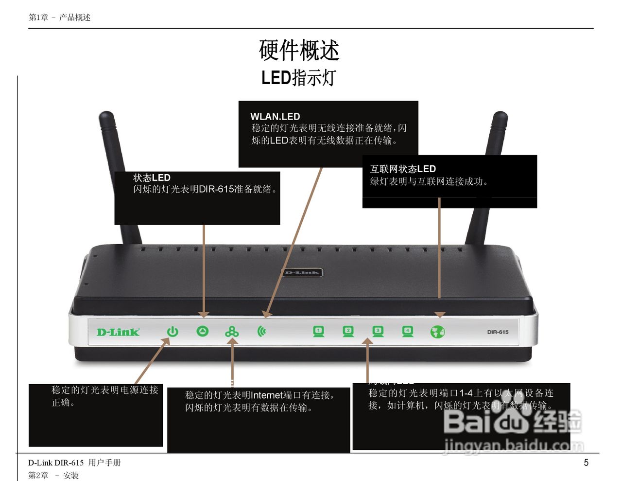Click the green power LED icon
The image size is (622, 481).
click(173, 332)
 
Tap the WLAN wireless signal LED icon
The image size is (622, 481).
click(262, 332)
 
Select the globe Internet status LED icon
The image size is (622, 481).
click(437, 332)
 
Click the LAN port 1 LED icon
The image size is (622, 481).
click(318, 332)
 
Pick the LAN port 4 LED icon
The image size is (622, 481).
click(408, 332)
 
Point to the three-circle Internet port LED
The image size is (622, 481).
click(232, 332)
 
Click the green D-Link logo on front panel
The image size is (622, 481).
click(118, 332)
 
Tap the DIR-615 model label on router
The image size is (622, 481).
click(498, 332)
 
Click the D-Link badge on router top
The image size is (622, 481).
click(302, 272)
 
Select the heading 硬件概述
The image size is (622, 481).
click(299, 50)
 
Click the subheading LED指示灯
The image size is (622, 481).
click(298, 78)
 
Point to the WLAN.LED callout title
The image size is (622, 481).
click(275, 117)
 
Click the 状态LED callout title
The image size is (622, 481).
click(152, 178)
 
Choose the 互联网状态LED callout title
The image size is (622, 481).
click(403, 169)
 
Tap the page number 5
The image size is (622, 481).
click(586, 463)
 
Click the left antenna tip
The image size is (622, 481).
click(106, 117)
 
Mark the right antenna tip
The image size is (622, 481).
click(500, 117)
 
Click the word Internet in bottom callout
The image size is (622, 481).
click(267, 395)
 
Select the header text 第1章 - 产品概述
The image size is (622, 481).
click(59, 18)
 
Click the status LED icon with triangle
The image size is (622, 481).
click(202, 331)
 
